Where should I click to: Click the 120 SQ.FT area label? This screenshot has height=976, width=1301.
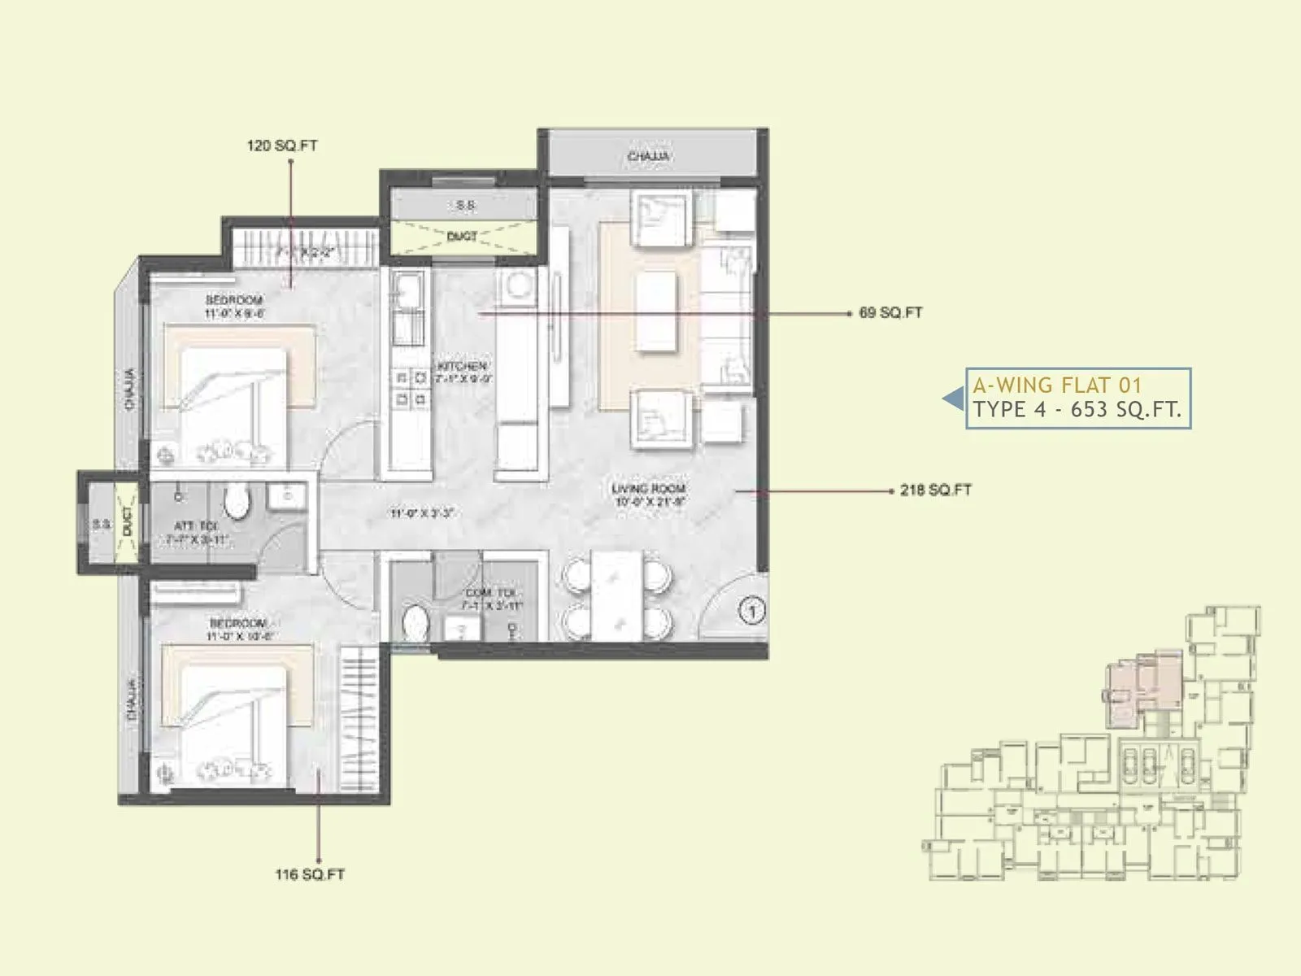(x=281, y=146)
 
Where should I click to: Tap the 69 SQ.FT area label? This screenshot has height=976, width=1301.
(x=890, y=312)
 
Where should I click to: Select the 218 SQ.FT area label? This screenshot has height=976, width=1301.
(x=935, y=490)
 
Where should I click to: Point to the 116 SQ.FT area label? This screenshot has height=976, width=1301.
(x=309, y=875)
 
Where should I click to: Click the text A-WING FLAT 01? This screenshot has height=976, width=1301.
(x=1057, y=386)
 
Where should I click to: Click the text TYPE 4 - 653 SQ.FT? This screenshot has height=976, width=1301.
(x=1077, y=410)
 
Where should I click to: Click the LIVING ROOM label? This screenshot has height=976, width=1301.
(x=648, y=489)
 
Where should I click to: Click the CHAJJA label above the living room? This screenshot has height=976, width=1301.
(x=649, y=156)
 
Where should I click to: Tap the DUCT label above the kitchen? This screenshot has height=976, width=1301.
(x=462, y=237)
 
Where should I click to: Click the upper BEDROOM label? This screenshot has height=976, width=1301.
(x=233, y=300)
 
